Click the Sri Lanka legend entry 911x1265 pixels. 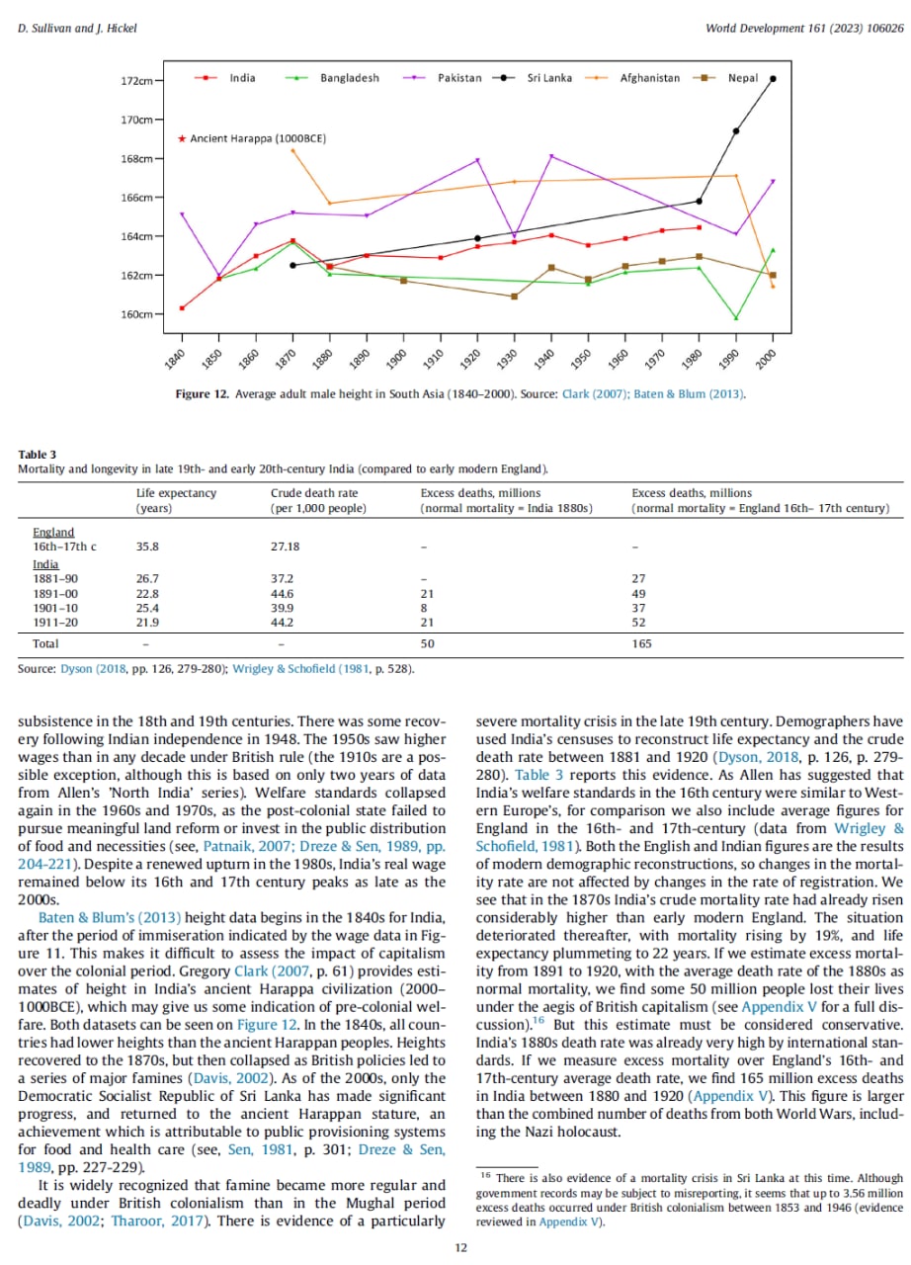click(548, 78)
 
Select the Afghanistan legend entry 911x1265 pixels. click(649, 78)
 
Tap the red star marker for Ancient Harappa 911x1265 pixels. click(182, 139)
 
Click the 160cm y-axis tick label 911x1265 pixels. click(137, 314)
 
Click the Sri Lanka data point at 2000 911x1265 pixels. click(773, 79)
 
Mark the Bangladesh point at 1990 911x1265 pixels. click(736, 318)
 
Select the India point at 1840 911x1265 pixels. click(182, 308)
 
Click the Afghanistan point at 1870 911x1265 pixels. click(292, 150)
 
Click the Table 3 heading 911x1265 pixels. click(33, 454)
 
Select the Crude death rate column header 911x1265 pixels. click(314, 493)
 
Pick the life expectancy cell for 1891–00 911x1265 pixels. click(147, 594)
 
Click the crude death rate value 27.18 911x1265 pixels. click(286, 546)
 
